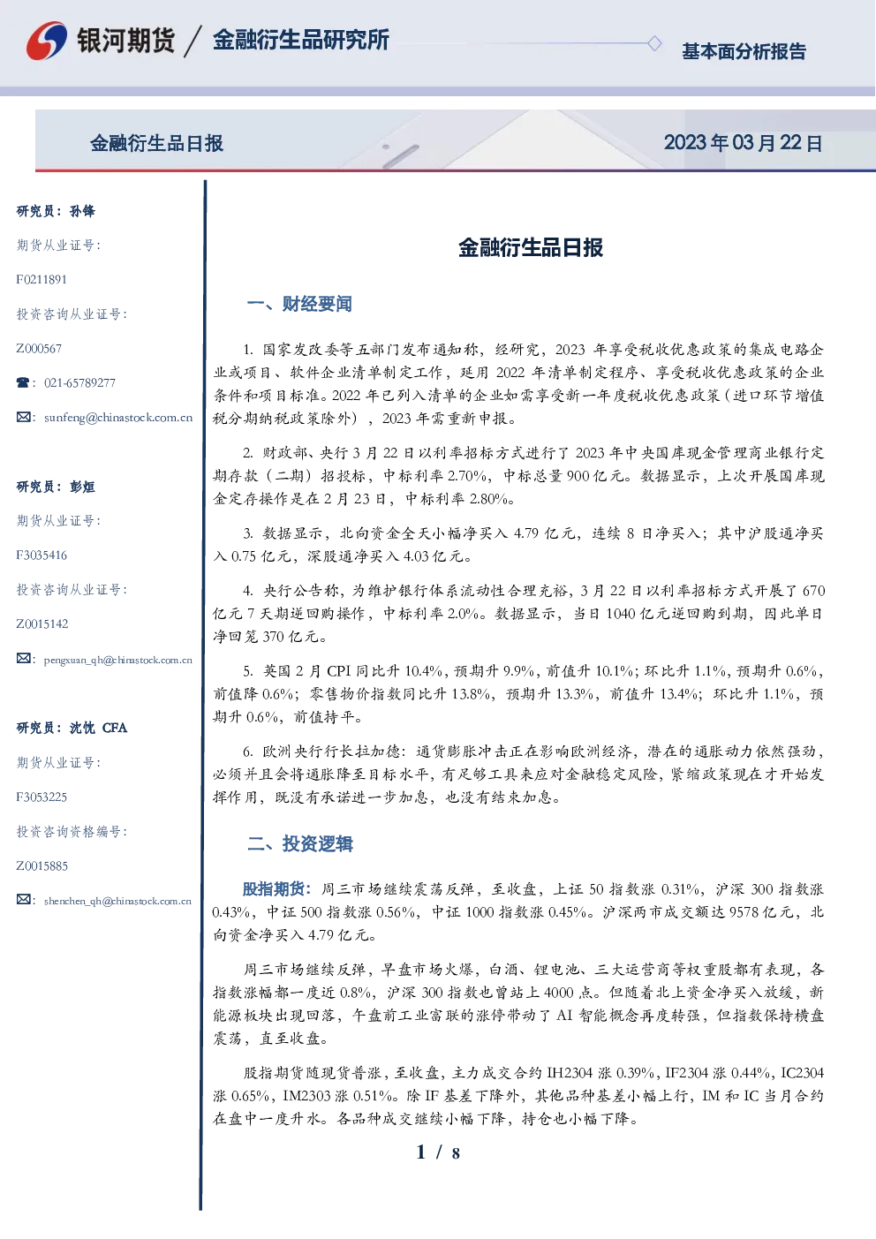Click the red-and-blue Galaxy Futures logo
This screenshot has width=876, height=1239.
pyautogui.click(x=47, y=41)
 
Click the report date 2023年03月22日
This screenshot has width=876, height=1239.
pyautogui.click(x=743, y=143)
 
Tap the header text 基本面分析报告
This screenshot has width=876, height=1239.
pyautogui.click(x=744, y=51)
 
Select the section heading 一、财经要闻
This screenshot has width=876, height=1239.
pyautogui.click(x=299, y=304)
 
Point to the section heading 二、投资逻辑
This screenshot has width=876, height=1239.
pyautogui.click(x=299, y=843)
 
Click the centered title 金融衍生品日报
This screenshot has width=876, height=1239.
pyautogui.click(x=531, y=248)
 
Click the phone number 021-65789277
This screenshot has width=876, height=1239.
pyautogui.click(x=79, y=382)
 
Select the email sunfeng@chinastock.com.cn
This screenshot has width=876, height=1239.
pyautogui.click(x=118, y=418)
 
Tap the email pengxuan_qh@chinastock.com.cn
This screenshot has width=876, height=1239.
pyautogui.click(x=117, y=660)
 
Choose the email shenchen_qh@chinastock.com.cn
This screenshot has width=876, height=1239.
pyautogui.click(x=117, y=901)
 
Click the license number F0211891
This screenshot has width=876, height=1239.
pyautogui.click(x=42, y=279)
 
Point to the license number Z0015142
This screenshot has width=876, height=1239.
pyautogui.click(x=42, y=624)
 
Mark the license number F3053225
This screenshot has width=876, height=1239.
pyautogui.click(x=42, y=797)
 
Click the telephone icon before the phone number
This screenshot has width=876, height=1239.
pyautogui.click(x=23, y=382)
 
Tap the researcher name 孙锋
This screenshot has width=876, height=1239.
pyautogui.click(x=82, y=211)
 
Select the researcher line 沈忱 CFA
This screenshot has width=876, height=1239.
pyautogui.click(x=98, y=728)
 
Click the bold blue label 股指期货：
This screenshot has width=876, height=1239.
pyautogui.click(x=279, y=889)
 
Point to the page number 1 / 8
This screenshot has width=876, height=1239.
pyautogui.click(x=438, y=1152)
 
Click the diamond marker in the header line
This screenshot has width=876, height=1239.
pyautogui.click(x=654, y=43)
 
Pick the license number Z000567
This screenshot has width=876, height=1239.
pyautogui.click(x=39, y=349)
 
